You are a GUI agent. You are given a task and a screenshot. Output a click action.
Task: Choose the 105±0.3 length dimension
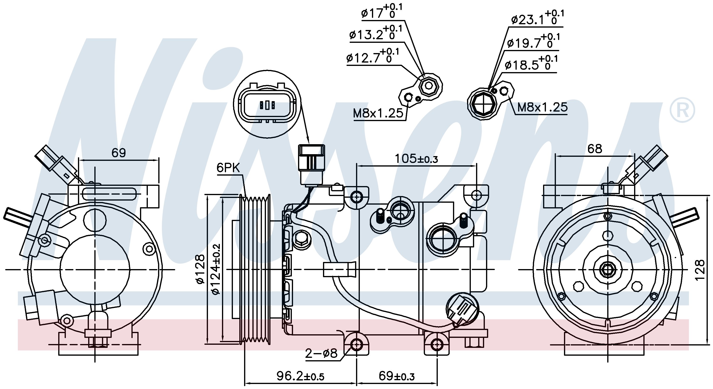[x=416, y=159]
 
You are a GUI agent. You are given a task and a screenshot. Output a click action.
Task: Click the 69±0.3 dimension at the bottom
[x=396, y=376]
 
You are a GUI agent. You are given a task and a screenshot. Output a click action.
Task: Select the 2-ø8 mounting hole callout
[x=321, y=353]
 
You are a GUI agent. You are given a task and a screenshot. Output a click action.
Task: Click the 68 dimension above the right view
[x=595, y=149]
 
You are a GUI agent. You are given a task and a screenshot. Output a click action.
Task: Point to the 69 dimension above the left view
[x=118, y=153]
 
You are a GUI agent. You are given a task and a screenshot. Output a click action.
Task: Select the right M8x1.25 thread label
[x=542, y=107]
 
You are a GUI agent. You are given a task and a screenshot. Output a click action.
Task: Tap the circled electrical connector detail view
[x=267, y=104]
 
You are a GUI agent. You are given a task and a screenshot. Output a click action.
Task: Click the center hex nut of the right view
[x=607, y=270]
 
